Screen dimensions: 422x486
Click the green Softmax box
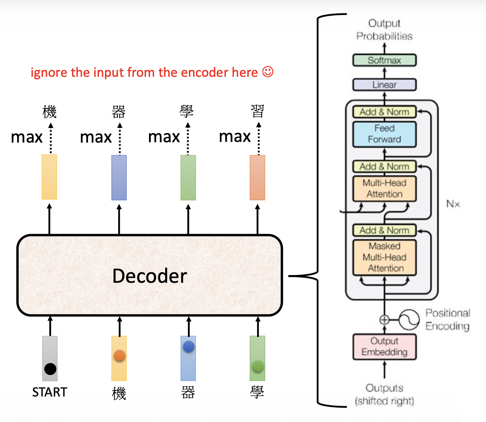[x=384, y=60]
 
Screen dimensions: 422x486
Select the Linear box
[x=384, y=85]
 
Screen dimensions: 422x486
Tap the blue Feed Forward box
[x=384, y=134]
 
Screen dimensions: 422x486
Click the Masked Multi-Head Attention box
[x=384, y=257]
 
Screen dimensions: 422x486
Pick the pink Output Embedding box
[x=384, y=347]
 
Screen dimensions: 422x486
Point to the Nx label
[x=453, y=204]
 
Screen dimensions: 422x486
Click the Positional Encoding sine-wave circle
[x=409, y=319]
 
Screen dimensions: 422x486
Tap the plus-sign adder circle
[x=384, y=320]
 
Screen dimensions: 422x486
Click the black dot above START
[x=50, y=369]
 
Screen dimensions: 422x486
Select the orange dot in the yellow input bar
[x=119, y=355]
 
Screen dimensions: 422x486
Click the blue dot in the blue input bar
[x=189, y=347]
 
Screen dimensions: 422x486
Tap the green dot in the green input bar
[x=257, y=366]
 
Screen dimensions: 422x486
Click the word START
[x=50, y=392]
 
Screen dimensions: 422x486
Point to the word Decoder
[x=149, y=276]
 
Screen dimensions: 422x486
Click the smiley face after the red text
[x=268, y=72]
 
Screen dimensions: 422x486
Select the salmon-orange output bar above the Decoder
[x=257, y=177]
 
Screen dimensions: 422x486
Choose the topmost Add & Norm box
[x=384, y=112]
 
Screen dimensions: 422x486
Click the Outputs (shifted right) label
[x=384, y=394]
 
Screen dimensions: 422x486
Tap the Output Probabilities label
[x=384, y=30]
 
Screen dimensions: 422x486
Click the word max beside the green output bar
[x=164, y=137]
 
